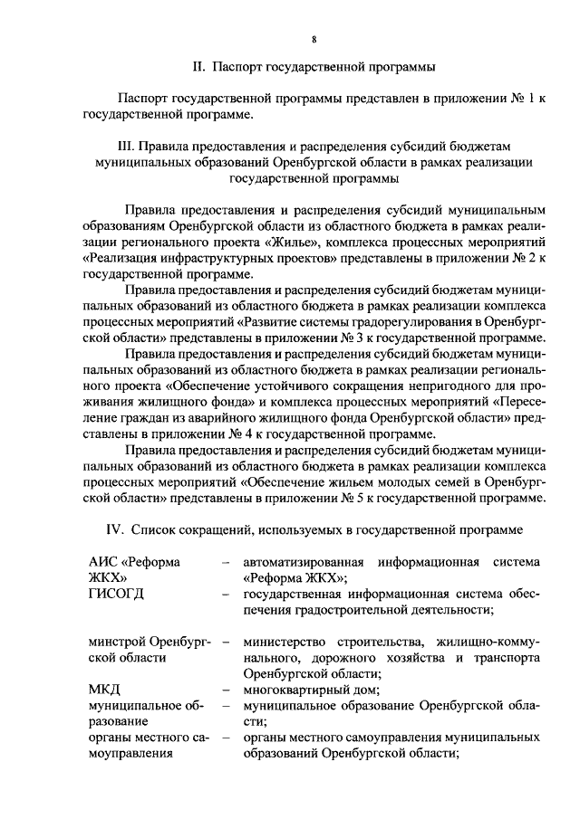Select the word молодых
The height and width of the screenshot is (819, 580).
(x=376, y=481)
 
